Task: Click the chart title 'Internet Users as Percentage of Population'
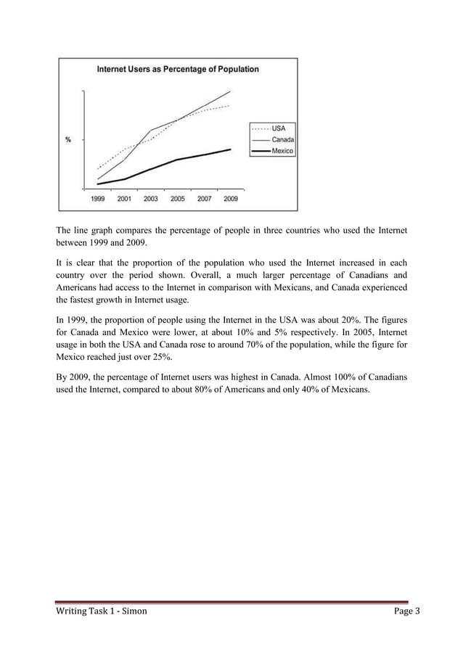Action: [178, 69]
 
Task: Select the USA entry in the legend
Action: [279, 128]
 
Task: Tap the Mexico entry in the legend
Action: [282, 151]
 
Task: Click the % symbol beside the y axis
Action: [68, 140]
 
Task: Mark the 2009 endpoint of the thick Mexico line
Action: [231, 149]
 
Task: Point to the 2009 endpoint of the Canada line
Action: [231, 91]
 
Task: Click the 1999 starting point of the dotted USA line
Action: [98, 168]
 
